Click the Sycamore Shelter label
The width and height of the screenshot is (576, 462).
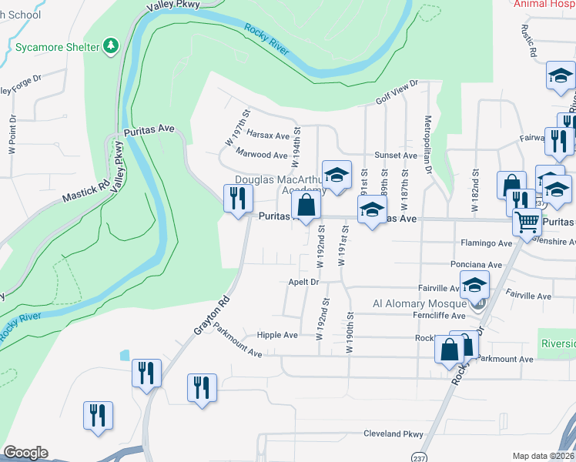tap(58, 47)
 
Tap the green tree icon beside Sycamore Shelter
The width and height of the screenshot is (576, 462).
tap(112, 46)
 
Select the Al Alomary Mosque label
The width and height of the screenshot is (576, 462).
tap(419, 303)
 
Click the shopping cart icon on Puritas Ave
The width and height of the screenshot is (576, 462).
tap(527, 223)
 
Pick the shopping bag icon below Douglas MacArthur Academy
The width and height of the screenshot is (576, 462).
tap(306, 206)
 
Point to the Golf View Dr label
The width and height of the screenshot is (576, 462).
tap(397, 92)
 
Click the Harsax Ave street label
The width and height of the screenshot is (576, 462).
tap(268, 135)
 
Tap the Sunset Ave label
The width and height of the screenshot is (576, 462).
tap(396, 156)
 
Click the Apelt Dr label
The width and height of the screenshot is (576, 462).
tap(303, 283)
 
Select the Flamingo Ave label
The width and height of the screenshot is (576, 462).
tap(487, 243)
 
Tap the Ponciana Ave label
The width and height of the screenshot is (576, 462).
tap(477, 265)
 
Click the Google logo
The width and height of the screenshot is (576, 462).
tap(25, 453)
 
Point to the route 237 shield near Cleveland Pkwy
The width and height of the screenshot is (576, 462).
tap(417, 455)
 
